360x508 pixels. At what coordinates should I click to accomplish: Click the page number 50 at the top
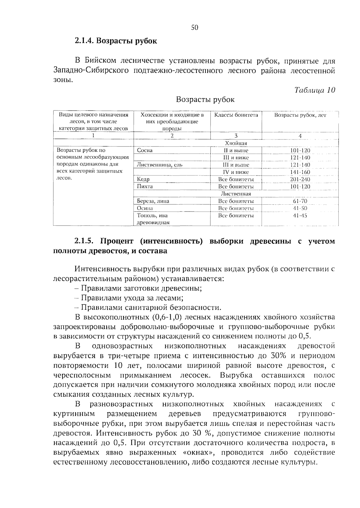click(x=195, y=28)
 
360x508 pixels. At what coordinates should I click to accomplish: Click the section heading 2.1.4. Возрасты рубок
click(x=115, y=41)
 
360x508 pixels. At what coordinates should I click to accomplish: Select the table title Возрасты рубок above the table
click(x=205, y=99)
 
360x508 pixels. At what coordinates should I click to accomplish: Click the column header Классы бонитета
click(x=236, y=115)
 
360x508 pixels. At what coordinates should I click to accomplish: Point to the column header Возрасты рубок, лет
click(x=300, y=115)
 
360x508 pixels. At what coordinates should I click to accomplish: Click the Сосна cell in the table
click(x=145, y=151)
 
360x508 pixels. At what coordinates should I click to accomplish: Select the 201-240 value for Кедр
click(x=300, y=179)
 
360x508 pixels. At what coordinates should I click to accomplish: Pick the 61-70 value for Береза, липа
click(x=300, y=201)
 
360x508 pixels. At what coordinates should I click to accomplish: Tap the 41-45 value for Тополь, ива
click(x=300, y=215)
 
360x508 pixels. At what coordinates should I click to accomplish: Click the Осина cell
click(x=145, y=208)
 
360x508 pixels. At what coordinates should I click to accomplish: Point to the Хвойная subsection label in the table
click(x=236, y=143)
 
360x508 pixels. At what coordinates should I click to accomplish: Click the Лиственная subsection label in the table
click(x=236, y=194)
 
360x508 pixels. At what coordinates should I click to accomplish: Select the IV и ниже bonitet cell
click(x=236, y=172)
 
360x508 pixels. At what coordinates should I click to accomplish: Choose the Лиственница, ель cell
click(x=160, y=165)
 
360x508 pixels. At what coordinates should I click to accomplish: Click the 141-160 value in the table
click(x=300, y=172)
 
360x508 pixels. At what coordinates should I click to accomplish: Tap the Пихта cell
click(x=145, y=187)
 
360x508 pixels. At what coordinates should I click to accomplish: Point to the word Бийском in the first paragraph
click(x=100, y=61)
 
